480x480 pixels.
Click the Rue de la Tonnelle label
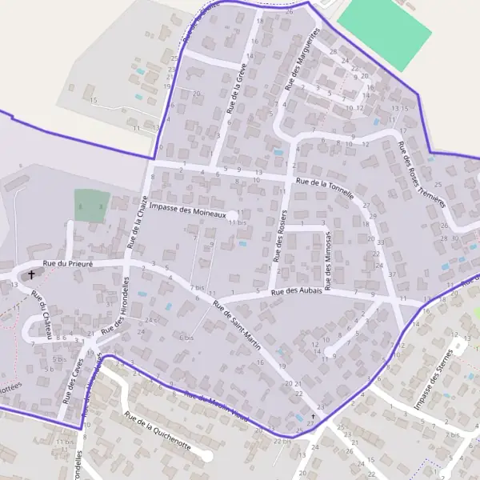pyautogui.click(x=325, y=184)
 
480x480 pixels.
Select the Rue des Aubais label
pyautogui.click(x=297, y=291)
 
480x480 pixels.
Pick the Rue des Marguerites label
pyautogui.click(x=302, y=58)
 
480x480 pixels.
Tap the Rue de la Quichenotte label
pyautogui.click(x=158, y=430)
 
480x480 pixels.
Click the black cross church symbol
pyautogui.click(x=32, y=274)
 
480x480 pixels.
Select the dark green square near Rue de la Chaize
pyautogui.click(x=91, y=206)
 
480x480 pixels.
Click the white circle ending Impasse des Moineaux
pyautogui.click(x=232, y=214)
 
